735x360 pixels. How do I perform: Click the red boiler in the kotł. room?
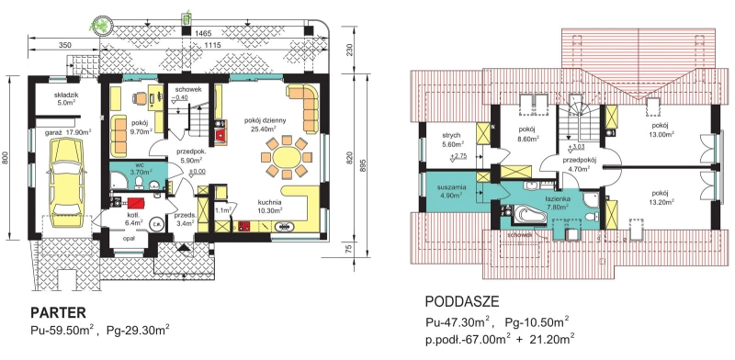(136, 204)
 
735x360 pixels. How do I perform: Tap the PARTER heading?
(57, 312)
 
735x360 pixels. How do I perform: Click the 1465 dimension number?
(202, 33)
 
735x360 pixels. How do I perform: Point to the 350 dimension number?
(64, 45)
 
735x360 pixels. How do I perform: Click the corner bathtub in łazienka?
(527, 216)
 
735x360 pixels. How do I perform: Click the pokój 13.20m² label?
(660, 197)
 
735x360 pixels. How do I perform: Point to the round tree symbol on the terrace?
(99, 25)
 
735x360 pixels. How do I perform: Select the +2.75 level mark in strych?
(457, 156)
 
